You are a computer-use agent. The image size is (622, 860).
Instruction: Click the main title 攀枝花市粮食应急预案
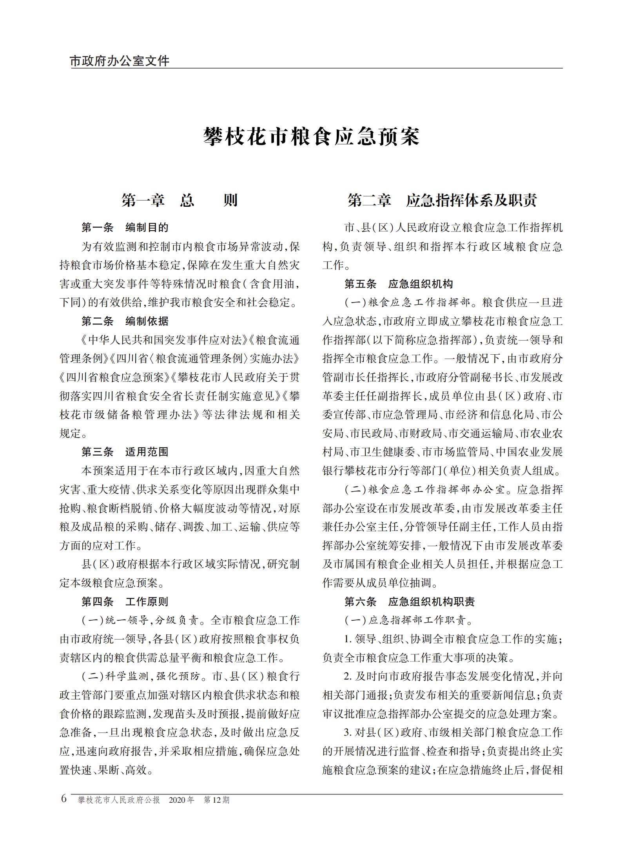point(311,137)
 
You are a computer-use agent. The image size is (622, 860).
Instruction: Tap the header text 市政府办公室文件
point(120,61)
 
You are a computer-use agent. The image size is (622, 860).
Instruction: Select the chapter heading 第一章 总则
point(179,200)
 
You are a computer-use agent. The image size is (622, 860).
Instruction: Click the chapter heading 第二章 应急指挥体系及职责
point(442,200)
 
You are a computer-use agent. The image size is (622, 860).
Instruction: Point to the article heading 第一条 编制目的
point(125,228)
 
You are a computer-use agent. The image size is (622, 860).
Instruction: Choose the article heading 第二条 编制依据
point(125,321)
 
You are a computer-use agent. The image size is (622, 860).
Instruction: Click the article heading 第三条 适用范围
point(125,452)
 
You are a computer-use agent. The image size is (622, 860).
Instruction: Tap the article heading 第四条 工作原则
point(125,602)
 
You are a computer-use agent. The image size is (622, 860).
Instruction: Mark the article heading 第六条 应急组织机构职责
point(410,602)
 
